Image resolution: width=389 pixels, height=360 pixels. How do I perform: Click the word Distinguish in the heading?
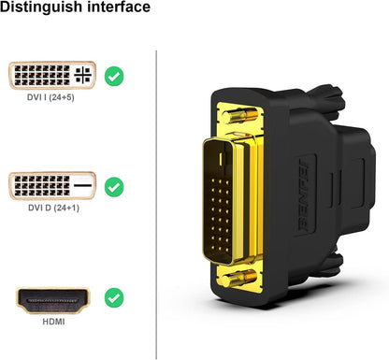pos(41,9)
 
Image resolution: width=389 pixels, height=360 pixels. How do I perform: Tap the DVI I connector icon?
pos(52,76)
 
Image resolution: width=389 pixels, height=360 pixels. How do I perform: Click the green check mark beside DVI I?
pos(113,76)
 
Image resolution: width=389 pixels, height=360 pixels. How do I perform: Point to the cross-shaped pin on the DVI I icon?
pos(82,76)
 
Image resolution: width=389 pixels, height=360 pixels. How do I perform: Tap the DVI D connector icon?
pos(52,187)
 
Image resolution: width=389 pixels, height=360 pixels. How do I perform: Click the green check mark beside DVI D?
pos(113,187)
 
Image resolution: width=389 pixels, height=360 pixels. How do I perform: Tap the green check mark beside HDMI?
pos(113,299)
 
